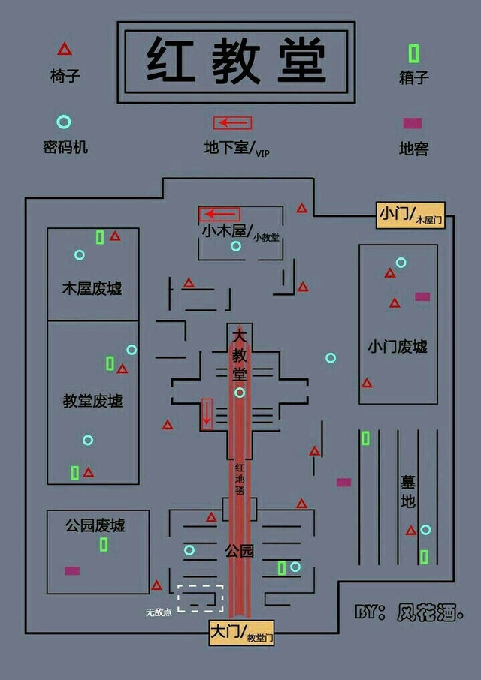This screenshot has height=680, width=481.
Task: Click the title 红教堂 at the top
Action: coord(236,61)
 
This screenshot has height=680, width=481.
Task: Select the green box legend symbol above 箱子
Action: coord(413,53)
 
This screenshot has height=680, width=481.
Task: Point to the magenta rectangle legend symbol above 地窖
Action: coord(413,124)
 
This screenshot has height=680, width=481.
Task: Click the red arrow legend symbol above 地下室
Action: coord(232,123)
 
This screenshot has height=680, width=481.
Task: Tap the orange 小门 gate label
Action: coord(410,215)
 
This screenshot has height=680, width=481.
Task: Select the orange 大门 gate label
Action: coord(241,633)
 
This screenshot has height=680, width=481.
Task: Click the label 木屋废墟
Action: coord(92,288)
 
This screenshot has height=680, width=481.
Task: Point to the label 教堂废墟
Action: coord(92,401)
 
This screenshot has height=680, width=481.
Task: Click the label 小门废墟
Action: coord(398,347)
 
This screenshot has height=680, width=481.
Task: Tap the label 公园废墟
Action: coord(95,525)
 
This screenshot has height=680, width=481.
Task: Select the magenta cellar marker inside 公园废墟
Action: coord(72,570)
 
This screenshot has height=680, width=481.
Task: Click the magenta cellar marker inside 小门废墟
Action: coord(422,296)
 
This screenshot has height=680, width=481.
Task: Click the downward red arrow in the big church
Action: coord(207,414)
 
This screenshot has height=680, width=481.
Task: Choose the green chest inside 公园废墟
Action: coord(104,544)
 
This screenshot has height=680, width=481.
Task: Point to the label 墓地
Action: coord(407,492)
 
